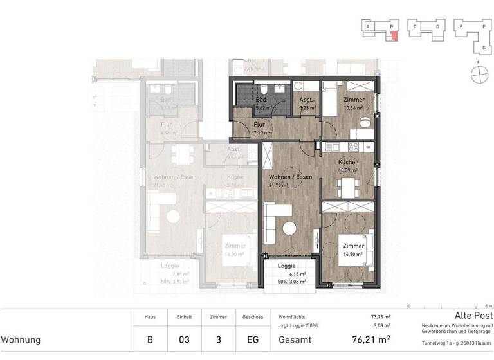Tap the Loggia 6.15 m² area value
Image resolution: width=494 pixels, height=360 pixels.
click(297, 274)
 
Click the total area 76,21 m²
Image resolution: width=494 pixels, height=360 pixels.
click(370, 339)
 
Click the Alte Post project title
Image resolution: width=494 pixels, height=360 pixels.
click(473, 316)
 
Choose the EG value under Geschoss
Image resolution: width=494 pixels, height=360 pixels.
click(252, 339)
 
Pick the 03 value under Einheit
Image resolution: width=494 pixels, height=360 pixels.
click(179, 339)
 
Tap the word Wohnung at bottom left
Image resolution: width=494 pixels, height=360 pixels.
click(21, 339)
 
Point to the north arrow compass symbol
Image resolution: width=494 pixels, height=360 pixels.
click(477, 75)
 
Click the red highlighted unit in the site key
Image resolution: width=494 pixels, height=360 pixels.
click(394, 34)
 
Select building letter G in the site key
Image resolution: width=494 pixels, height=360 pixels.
click(483, 48)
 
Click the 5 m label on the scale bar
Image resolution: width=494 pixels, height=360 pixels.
click(489, 307)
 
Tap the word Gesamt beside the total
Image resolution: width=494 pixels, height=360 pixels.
click(293, 339)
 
